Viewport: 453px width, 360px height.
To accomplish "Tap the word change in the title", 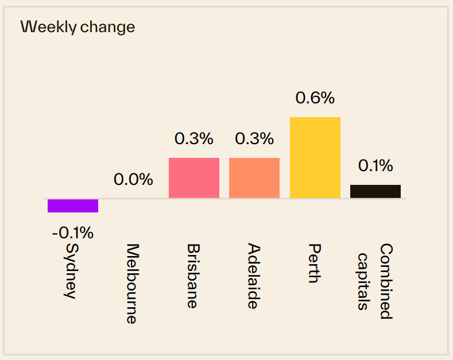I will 107,27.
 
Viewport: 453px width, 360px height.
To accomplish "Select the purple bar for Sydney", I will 73,206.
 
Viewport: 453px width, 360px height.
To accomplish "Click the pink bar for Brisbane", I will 194,178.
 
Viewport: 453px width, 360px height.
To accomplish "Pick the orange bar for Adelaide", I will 254,178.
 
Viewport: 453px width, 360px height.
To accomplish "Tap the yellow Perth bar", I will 315,158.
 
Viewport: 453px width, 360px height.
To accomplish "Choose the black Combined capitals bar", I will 375,192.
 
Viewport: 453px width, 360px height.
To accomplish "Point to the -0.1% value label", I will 72,233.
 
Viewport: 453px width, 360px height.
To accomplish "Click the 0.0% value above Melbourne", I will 133,180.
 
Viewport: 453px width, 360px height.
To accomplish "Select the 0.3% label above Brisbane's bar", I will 194,138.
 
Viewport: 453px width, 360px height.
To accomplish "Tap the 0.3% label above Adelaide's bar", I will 254,138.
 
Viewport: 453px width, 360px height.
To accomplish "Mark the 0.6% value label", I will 315,98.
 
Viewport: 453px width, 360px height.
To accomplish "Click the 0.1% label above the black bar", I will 375,166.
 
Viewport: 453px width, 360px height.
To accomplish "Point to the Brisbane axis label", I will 193,276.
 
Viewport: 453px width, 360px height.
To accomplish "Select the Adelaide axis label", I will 254,276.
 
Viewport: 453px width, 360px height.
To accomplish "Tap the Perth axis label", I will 314,264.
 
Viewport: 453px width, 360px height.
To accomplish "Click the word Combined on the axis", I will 386,281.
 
